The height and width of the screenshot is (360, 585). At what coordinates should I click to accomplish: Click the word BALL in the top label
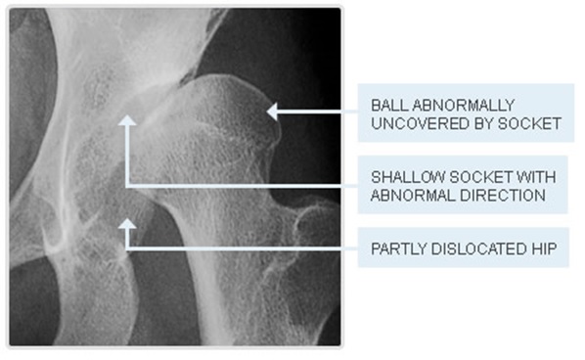tap(385, 105)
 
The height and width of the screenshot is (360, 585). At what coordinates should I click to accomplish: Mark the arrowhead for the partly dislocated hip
tap(127, 224)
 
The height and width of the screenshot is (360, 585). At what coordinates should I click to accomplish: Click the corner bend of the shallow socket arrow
tap(127, 185)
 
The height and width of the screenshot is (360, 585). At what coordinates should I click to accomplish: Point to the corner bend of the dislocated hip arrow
tap(127, 249)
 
